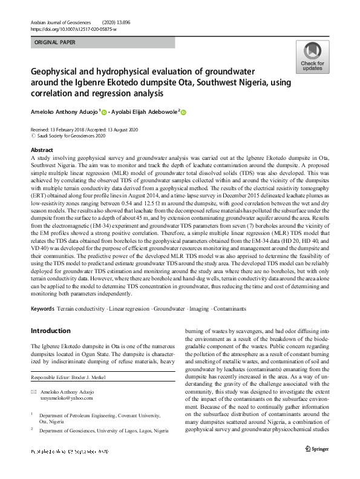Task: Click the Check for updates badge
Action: (312, 58)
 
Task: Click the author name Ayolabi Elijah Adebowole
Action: (145, 112)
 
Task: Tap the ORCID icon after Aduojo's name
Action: (104, 112)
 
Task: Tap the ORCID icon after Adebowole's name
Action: (184, 112)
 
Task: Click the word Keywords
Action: (42, 309)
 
